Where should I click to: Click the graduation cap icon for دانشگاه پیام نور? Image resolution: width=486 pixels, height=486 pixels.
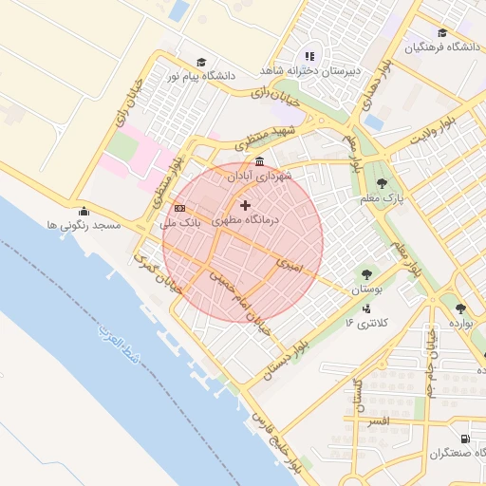pyautogui.click(x=201, y=61)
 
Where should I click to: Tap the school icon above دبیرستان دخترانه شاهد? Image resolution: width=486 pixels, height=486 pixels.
pyautogui.click(x=309, y=56)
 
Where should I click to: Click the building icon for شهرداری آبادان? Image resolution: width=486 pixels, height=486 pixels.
pyautogui.click(x=260, y=163)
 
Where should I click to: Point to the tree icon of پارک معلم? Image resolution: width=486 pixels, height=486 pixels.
pyautogui.click(x=382, y=184)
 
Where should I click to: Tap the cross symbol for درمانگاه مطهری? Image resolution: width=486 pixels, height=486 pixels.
pyautogui.click(x=246, y=205)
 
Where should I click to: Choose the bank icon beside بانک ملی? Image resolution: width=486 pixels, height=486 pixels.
pyautogui.click(x=179, y=208)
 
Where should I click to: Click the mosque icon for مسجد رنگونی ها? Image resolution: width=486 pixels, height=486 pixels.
pyautogui.click(x=84, y=212)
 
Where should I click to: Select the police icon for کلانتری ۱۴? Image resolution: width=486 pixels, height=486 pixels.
pyautogui.click(x=366, y=308)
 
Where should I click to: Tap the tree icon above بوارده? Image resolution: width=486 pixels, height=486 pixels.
pyautogui.click(x=460, y=308)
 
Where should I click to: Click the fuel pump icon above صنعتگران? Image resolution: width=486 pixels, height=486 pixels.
pyautogui.click(x=464, y=439)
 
